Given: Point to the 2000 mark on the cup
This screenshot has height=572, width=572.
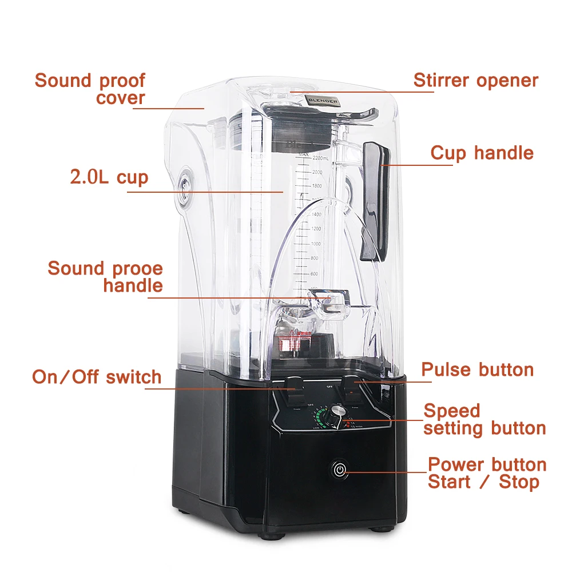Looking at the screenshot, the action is pyautogui.click(x=316, y=172).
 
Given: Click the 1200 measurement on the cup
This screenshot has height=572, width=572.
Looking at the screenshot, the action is pyautogui.click(x=315, y=229).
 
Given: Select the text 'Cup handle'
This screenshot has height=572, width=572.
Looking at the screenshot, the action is pyautogui.click(x=482, y=153).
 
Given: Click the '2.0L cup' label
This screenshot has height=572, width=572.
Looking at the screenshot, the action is pyautogui.click(x=109, y=177).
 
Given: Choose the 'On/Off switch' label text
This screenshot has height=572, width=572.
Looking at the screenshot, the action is pyautogui.click(x=97, y=377).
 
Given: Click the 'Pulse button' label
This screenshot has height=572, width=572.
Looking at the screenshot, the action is pyautogui.click(x=477, y=370).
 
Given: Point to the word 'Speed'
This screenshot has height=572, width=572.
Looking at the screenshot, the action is pyautogui.click(x=451, y=411).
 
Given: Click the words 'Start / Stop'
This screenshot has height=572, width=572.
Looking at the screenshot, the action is pyautogui.click(x=483, y=482).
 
